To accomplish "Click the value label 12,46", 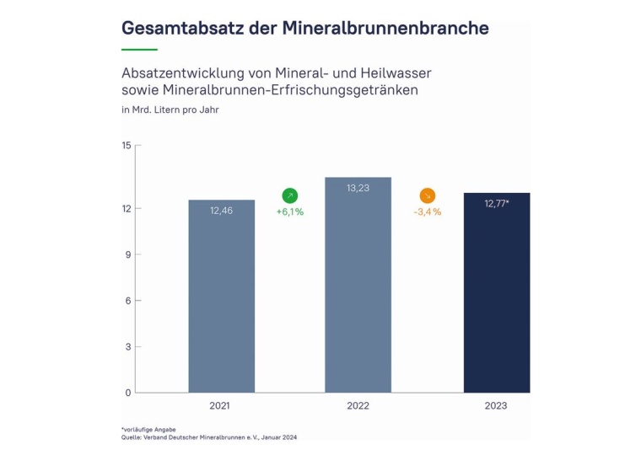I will click(221, 211).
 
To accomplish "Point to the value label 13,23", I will click(358, 188).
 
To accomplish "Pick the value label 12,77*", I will click(497, 203).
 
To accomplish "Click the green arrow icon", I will click(289, 195).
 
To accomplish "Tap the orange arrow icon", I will click(427, 195).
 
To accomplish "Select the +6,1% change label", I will click(289, 212).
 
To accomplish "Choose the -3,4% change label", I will click(427, 212).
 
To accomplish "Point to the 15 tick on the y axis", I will click(127, 146).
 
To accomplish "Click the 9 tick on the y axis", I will click(127, 254).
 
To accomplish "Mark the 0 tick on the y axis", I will click(127, 393).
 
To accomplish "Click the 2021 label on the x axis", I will click(221, 406).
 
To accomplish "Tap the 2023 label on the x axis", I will click(497, 406).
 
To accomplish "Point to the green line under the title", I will click(139, 50).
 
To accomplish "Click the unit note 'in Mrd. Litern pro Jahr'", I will click(170, 110).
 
